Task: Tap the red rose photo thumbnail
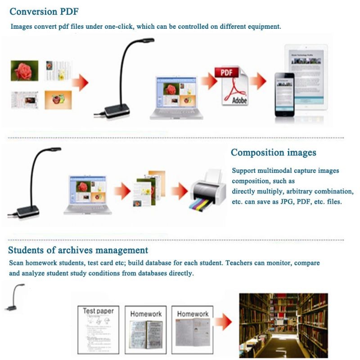point(21,71)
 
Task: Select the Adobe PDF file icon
point(234,86)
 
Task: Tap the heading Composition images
point(273,153)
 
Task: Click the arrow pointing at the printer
point(179,191)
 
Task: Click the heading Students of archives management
point(78,250)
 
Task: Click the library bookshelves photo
point(283,324)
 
